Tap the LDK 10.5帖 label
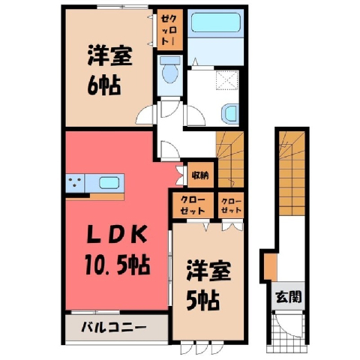(117, 250)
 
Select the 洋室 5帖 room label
(208, 286)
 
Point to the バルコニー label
(114, 326)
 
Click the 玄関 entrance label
(289, 297)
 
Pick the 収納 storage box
(200, 175)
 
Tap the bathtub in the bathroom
(215, 22)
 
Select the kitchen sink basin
(109, 183)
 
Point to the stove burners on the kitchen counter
(75, 183)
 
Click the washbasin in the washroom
(230, 114)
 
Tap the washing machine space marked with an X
(227, 79)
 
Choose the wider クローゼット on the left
(193, 205)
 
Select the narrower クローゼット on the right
(231, 205)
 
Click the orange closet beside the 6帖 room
(170, 29)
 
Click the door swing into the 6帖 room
(144, 115)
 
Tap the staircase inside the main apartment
(230, 160)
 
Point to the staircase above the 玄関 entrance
(292, 173)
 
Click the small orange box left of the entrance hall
(271, 267)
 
